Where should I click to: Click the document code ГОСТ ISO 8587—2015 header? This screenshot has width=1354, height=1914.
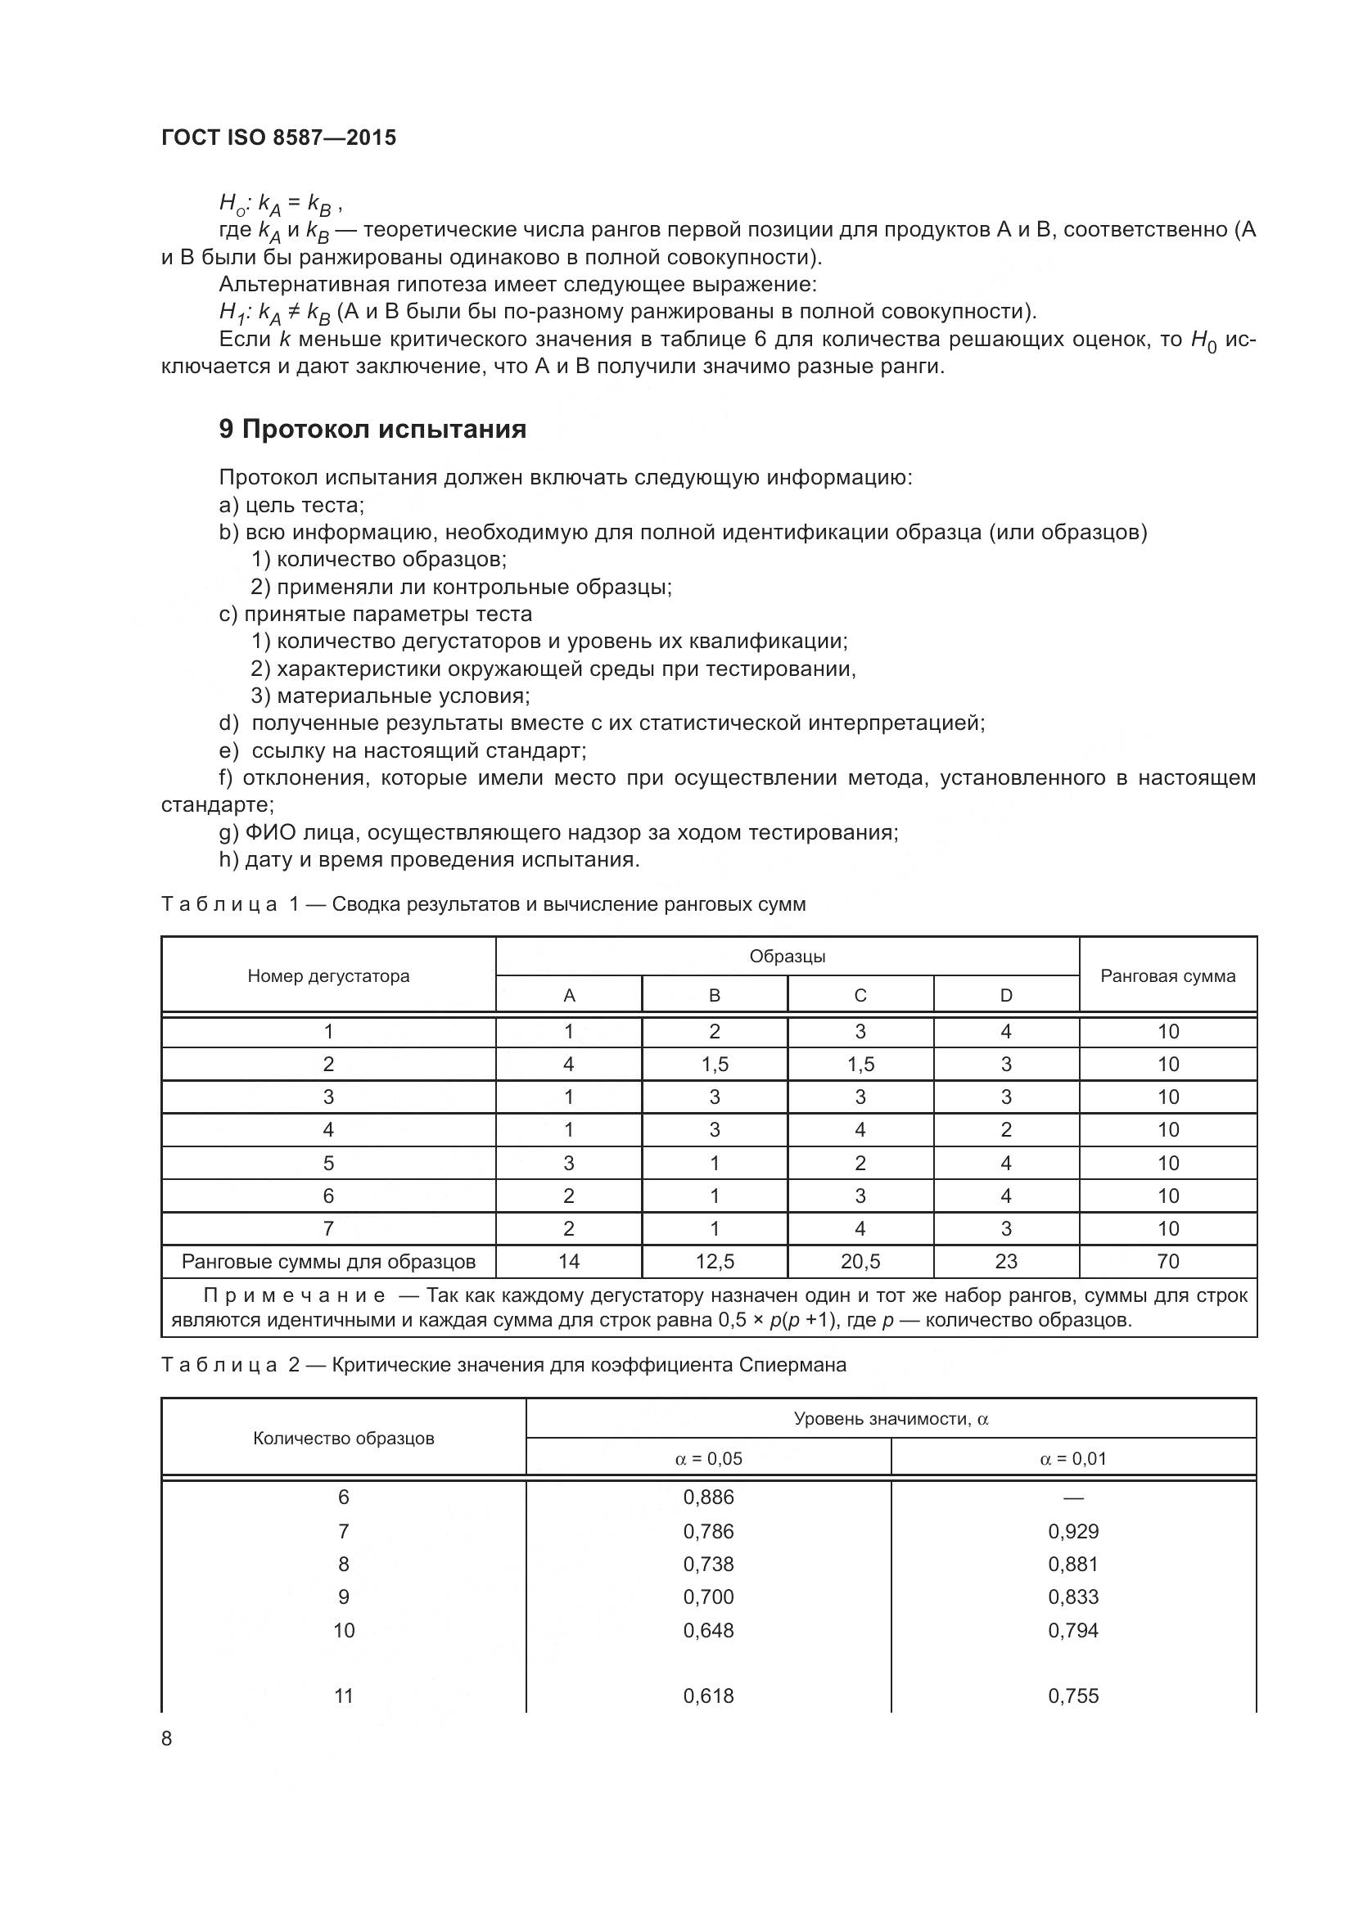click(278, 137)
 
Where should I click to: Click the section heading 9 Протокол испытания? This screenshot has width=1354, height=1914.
click(372, 430)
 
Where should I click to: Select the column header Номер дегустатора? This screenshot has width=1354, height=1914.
click(328, 976)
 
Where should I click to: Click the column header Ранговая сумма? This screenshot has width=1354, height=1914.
click(1167, 976)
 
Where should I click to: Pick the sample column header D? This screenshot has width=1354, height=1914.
click(1005, 995)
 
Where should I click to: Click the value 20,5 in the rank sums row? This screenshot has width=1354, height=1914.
click(860, 1261)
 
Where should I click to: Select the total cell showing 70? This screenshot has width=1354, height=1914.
click(1167, 1261)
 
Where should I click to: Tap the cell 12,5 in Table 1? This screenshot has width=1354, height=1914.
click(715, 1261)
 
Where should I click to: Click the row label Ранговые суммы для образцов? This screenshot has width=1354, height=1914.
click(328, 1261)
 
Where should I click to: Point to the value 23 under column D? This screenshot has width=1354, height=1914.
click(1005, 1261)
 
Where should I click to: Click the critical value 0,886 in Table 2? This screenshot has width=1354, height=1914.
click(708, 1497)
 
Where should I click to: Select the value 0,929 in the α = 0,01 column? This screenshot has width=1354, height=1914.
click(1073, 1531)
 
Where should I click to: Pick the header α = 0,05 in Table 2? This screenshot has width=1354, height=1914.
click(708, 1459)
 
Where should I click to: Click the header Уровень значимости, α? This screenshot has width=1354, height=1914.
click(891, 1419)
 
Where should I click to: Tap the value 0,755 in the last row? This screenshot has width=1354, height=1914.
click(1073, 1696)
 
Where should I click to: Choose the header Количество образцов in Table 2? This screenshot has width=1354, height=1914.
click(344, 1439)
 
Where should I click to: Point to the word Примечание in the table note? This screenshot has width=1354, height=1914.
click(295, 1296)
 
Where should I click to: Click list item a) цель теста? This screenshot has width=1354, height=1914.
click(291, 505)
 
